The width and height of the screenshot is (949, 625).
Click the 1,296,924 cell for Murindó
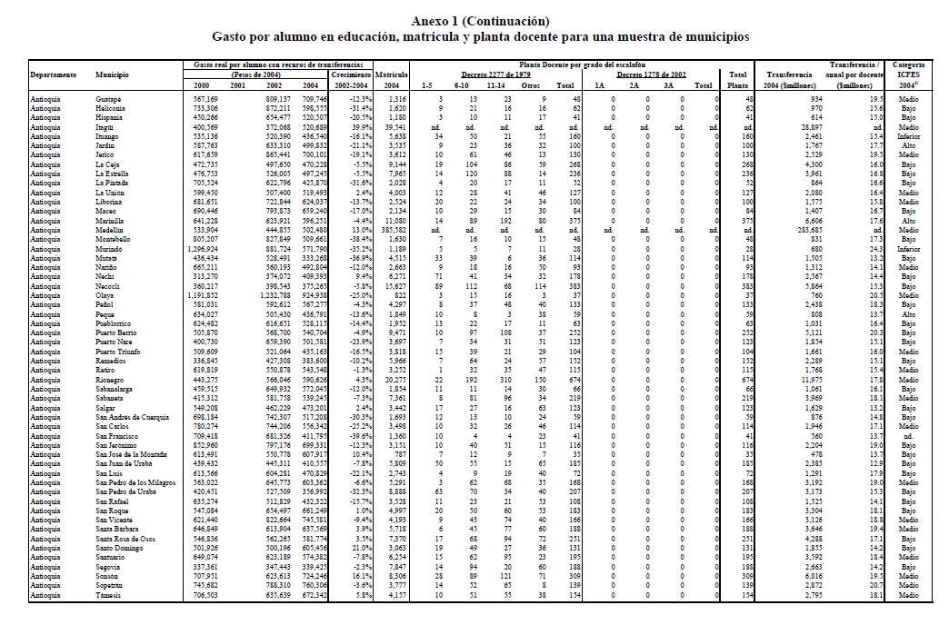(200, 247)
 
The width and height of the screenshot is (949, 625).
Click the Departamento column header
(53, 74)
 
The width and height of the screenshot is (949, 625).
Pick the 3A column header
(668, 84)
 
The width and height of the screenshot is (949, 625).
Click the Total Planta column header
(738, 79)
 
